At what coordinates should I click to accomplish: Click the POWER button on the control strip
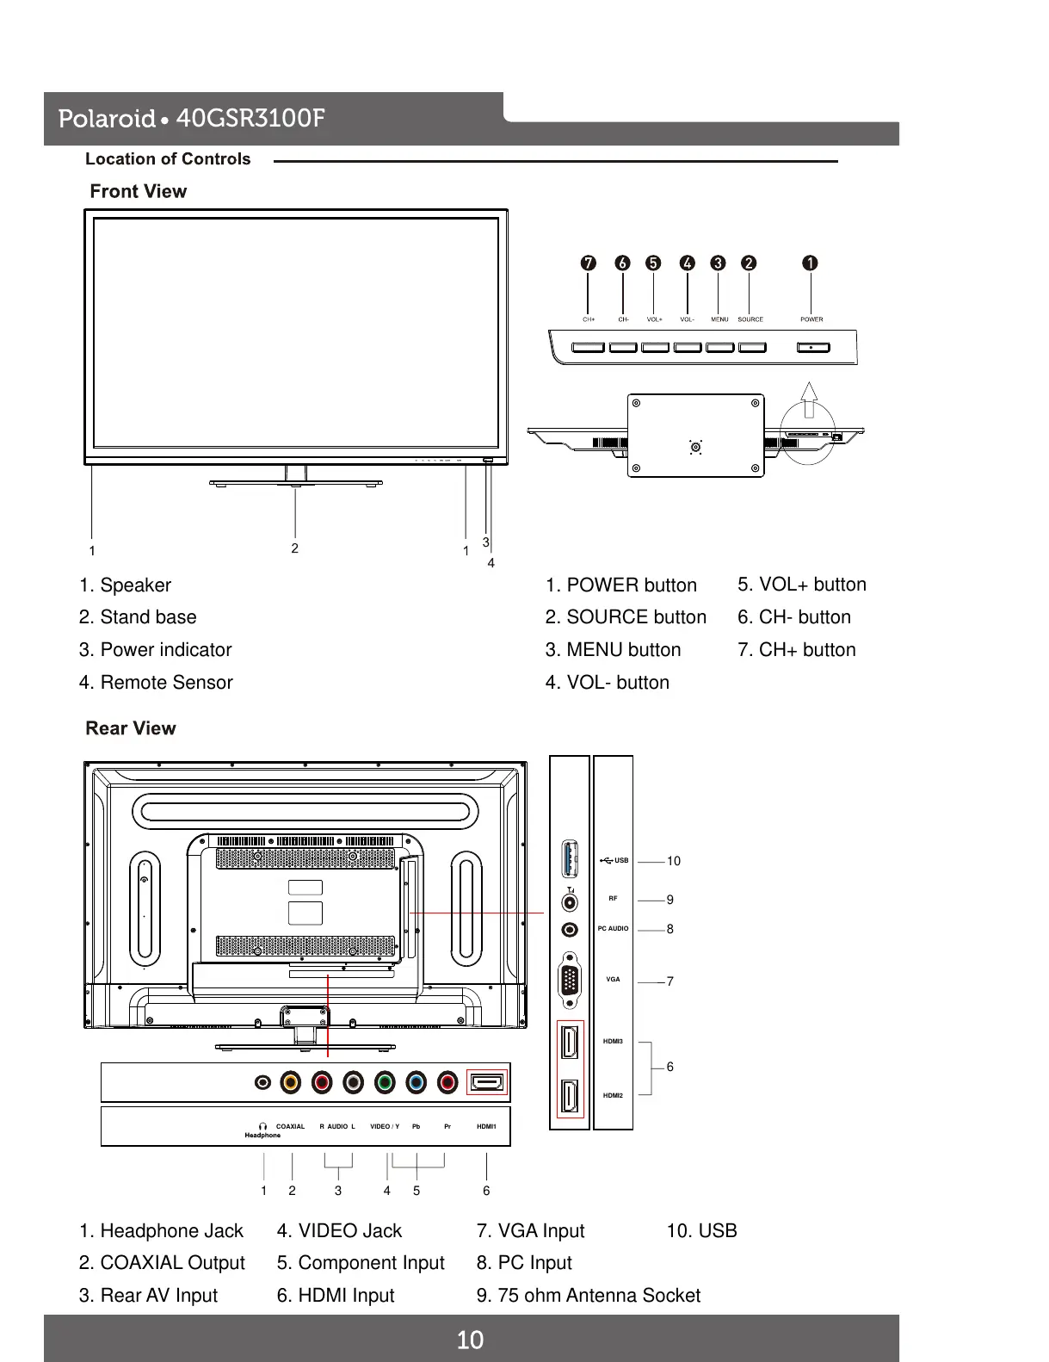pyautogui.click(x=813, y=348)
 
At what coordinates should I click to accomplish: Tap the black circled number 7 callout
pyautogui.click(x=588, y=263)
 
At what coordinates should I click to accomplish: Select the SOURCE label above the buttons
pyautogui.click(x=750, y=319)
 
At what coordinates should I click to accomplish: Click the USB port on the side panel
pyautogui.click(x=569, y=860)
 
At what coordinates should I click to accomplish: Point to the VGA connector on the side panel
pyautogui.click(x=570, y=981)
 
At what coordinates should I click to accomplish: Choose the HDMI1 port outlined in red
pyautogui.click(x=487, y=1082)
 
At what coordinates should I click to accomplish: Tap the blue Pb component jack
pyautogui.click(x=416, y=1082)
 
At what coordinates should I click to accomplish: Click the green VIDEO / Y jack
pyautogui.click(x=385, y=1082)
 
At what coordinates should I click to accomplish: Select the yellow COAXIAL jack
pyautogui.click(x=291, y=1082)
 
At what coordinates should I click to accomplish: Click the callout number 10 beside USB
pyautogui.click(x=673, y=861)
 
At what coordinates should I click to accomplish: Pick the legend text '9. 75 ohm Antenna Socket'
pyautogui.click(x=589, y=1295)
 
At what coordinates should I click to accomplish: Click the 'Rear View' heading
pyautogui.click(x=131, y=728)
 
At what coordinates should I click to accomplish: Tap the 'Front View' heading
pyautogui.click(x=139, y=191)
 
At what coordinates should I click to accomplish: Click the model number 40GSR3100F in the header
pyautogui.click(x=250, y=118)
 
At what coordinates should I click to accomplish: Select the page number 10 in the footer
pyautogui.click(x=470, y=1340)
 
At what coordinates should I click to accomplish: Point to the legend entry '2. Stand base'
pyautogui.click(x=138, y=617)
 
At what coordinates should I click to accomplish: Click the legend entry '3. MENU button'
pyautogui.click(x=613, y=650)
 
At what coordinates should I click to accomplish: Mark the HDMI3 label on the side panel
pyautogui.click(x=613, y=1042)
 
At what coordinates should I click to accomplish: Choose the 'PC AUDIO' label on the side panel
pyautogui.click(x=613, y=929)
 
